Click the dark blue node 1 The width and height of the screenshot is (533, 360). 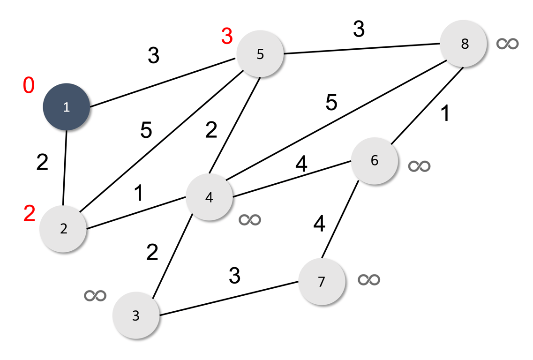pos(66,106)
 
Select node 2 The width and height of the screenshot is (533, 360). pos(63,229)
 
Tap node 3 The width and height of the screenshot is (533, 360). pos(136,315)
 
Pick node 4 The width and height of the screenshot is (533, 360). pos(209,197)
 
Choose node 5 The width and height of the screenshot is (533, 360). pos(260,54)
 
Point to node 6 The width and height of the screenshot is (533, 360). pos(374,160)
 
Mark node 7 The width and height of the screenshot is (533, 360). pos(322,282)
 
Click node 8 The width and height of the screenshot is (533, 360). pos(464,44)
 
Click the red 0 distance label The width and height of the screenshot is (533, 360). pos(29,86)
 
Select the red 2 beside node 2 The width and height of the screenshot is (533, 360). pos(30,214)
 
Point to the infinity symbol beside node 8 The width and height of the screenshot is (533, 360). pos(508,44)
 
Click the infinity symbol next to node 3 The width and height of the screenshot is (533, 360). pos(95,295)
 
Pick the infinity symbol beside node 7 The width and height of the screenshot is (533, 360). pos(368,279)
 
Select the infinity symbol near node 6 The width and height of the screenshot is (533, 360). pos(419,166)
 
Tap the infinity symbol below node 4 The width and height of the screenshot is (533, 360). pos(249,219)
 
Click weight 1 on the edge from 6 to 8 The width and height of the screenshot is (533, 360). pos(445,114)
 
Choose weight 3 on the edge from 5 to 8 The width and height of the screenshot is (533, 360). pos(359,30)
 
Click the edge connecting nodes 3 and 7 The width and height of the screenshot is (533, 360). pos(229,299)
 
